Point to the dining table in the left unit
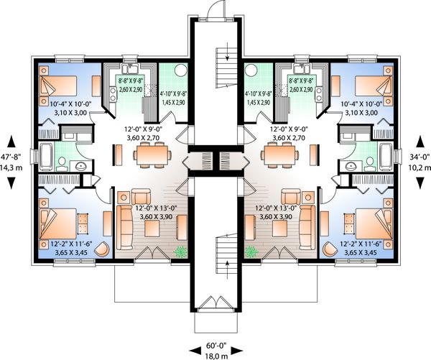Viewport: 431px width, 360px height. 150,154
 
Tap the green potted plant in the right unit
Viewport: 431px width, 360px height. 251,252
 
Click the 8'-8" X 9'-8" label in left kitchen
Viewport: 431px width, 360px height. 130,93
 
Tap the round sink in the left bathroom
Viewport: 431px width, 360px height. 80,166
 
